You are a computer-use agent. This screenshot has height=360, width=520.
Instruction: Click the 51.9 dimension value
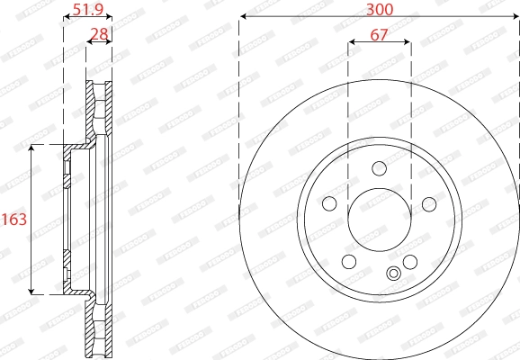(x=88, y=9)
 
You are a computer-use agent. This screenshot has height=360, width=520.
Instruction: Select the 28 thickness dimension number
(x=100, y=34)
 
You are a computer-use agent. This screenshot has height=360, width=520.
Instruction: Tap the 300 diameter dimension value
(x=380, y=9)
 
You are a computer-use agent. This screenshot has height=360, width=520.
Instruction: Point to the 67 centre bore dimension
(x=379, y=34)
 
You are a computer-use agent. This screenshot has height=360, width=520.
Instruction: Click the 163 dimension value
(x=14, y=220)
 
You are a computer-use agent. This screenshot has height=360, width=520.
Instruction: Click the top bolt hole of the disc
(x=379, y=168)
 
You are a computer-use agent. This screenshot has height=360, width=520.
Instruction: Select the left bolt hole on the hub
(x=329, y=203)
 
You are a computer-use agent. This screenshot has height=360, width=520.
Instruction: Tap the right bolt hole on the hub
(x=429, y=204)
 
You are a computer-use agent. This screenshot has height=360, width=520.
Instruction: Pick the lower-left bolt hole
(x=349, y=262)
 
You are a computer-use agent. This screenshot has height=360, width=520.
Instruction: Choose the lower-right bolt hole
(x=410, y=262)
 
